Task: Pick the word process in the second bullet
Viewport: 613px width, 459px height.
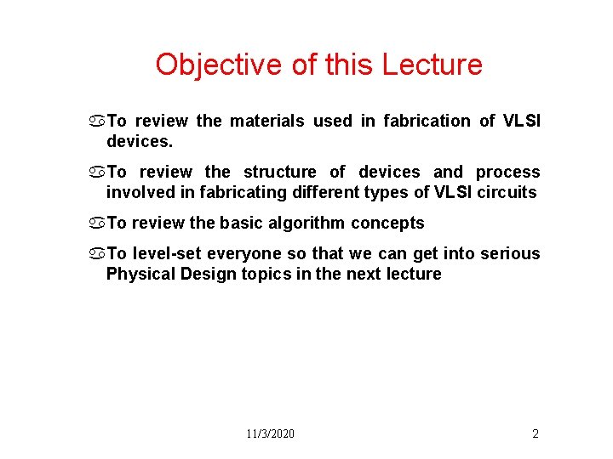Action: [x=507, y=172]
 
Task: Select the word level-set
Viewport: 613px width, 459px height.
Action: [x=169, y=253]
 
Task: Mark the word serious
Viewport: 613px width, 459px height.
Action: [x=512, y=253]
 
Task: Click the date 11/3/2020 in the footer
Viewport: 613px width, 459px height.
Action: [x=271, y=433]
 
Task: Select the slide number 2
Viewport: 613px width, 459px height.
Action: [x=536, y=433]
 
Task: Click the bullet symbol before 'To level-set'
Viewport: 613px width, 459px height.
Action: [x=99, y=254]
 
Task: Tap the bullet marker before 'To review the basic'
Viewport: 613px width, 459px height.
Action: [x=99, y=224]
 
